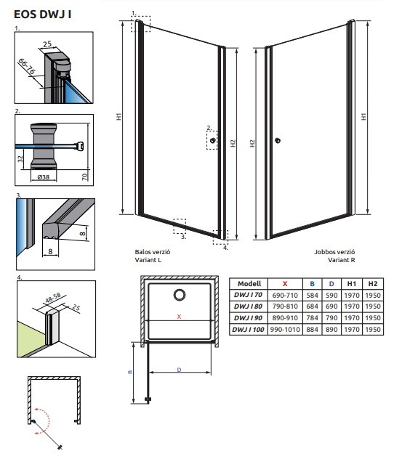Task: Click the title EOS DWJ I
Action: pos(42,15)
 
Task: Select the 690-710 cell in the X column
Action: pos(285,295)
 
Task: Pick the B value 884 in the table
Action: pos(312,329)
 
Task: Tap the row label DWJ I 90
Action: pos(248,318)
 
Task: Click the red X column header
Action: pos(285,284)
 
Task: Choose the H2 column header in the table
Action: pos(373,284)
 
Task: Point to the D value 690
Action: pos(331,306)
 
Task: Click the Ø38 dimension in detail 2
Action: pos(44,177)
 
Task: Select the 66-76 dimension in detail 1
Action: pos(27,66)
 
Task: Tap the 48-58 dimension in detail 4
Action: pos(53,298)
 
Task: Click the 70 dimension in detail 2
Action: pos(84,176)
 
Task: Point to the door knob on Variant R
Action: pos(278,140)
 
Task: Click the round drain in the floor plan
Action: pos(180,295)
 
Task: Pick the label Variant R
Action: pos(341,260)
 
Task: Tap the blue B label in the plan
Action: pos(130,372)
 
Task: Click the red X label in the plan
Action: pos(179,317)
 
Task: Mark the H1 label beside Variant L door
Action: pos(118,116)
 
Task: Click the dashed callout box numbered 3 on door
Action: pos(180,226)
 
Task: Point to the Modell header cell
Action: pos(249,284)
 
